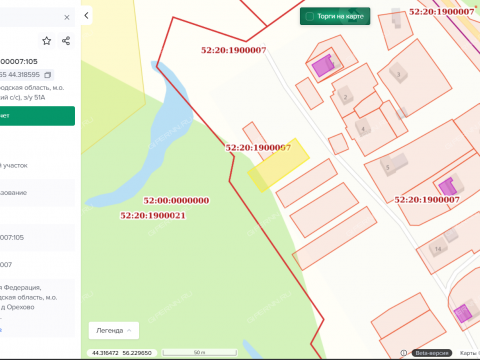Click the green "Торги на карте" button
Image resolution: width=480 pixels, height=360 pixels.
click(335, 16)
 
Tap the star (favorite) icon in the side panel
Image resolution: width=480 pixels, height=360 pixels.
click(47, 41)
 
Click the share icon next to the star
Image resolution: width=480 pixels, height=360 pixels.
click(66, 41)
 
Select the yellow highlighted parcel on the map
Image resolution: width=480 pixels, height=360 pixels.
click(273, 166)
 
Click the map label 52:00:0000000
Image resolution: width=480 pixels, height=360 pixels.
click(169, 200)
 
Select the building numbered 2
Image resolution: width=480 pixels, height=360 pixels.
click(345, 97)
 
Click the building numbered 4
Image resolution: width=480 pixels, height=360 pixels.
click(361, 127)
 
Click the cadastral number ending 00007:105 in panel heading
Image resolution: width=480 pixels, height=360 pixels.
click(26, 61)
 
